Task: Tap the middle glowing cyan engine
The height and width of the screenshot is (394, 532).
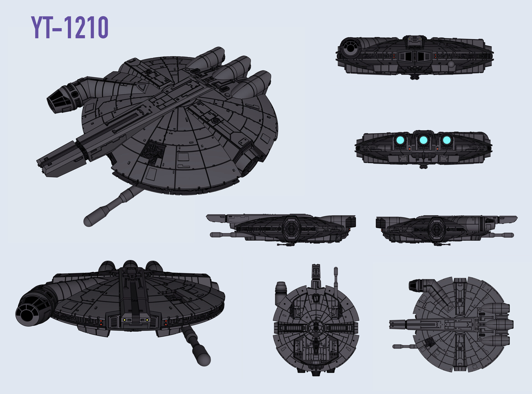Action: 423,140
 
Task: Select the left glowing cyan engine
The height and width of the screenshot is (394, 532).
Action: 400,140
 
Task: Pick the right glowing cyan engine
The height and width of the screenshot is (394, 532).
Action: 446,140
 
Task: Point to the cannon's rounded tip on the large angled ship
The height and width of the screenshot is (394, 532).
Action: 89,221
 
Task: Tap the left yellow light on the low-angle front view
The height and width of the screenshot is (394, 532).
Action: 124,320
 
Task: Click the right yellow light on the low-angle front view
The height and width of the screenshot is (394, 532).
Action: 147,320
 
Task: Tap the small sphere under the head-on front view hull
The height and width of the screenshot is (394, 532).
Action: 451,64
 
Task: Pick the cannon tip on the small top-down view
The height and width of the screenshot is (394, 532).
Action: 395,346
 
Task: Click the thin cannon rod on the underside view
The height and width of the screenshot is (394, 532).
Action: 336,280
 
